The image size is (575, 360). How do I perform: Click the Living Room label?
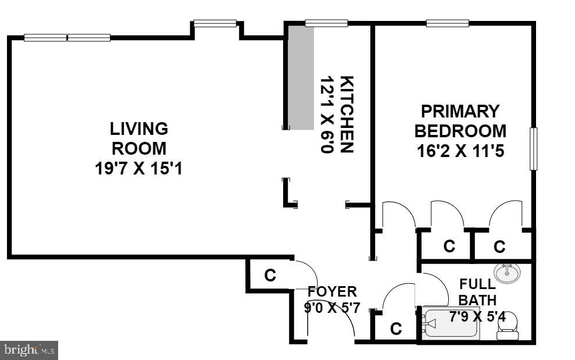[x=139, y=138]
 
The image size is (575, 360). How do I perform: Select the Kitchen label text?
[x=347, y=114]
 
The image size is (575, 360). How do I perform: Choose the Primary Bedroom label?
[x=460, y=120]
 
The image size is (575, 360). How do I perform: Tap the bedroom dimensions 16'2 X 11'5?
[x=460, y=151]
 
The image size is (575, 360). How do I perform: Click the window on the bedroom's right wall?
[x=533, y=149]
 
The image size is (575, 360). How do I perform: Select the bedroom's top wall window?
[x=448, y=23]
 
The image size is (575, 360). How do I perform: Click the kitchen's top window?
[x=326, y=23]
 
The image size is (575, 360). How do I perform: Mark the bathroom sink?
[x=508, y=272]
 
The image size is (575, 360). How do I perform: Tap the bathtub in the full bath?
[x=451, y=324]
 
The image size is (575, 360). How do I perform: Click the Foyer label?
[x=332, y=291]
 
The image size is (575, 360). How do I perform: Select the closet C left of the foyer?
[x=270, y=275]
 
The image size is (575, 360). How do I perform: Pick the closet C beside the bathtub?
[x=396, y=329]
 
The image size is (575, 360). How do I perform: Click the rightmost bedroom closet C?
[x=499, y=247]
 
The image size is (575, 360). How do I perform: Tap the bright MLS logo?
[x=29, y=350]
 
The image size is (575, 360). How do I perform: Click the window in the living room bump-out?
[x=215, y=23]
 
